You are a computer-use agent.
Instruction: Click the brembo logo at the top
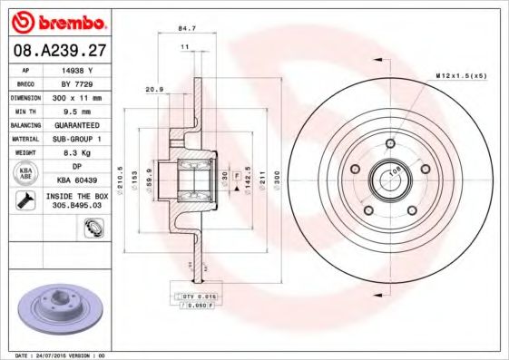click(x=57, y=19)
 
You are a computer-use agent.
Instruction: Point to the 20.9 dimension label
click(x=154, y=90)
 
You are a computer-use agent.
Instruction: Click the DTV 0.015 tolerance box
click(x=196, y=297)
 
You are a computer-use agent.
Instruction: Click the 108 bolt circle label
click(x=396, y=169)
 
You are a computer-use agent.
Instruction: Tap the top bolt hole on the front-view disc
click(x=389, y=143)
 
